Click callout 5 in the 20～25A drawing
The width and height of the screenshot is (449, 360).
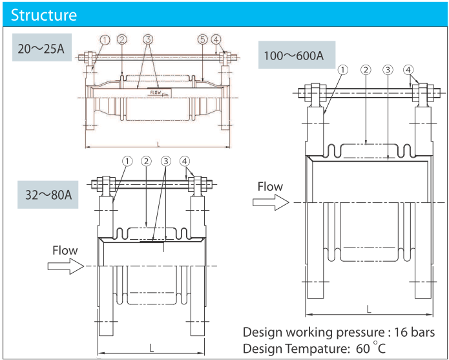coord(203,39)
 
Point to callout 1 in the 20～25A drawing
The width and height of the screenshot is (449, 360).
coord(105,39)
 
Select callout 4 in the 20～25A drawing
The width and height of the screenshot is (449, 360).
coord(216,39)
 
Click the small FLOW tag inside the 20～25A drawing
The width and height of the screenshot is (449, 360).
coord(156,92)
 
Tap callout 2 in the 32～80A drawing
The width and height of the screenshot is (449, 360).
coord(147,160)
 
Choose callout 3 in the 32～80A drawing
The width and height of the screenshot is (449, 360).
coord(166,160)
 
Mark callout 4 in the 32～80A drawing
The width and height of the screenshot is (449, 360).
coord(185,160)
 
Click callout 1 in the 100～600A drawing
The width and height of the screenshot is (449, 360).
coord(344,69)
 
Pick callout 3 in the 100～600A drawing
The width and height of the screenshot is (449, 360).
coord(388,69)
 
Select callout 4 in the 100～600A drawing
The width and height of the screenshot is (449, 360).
coord(408,69)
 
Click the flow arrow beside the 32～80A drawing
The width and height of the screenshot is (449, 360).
coord(66,266)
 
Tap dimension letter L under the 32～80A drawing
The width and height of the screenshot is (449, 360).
coord(151,346)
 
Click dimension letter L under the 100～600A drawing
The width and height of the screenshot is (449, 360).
coord(369,310)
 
